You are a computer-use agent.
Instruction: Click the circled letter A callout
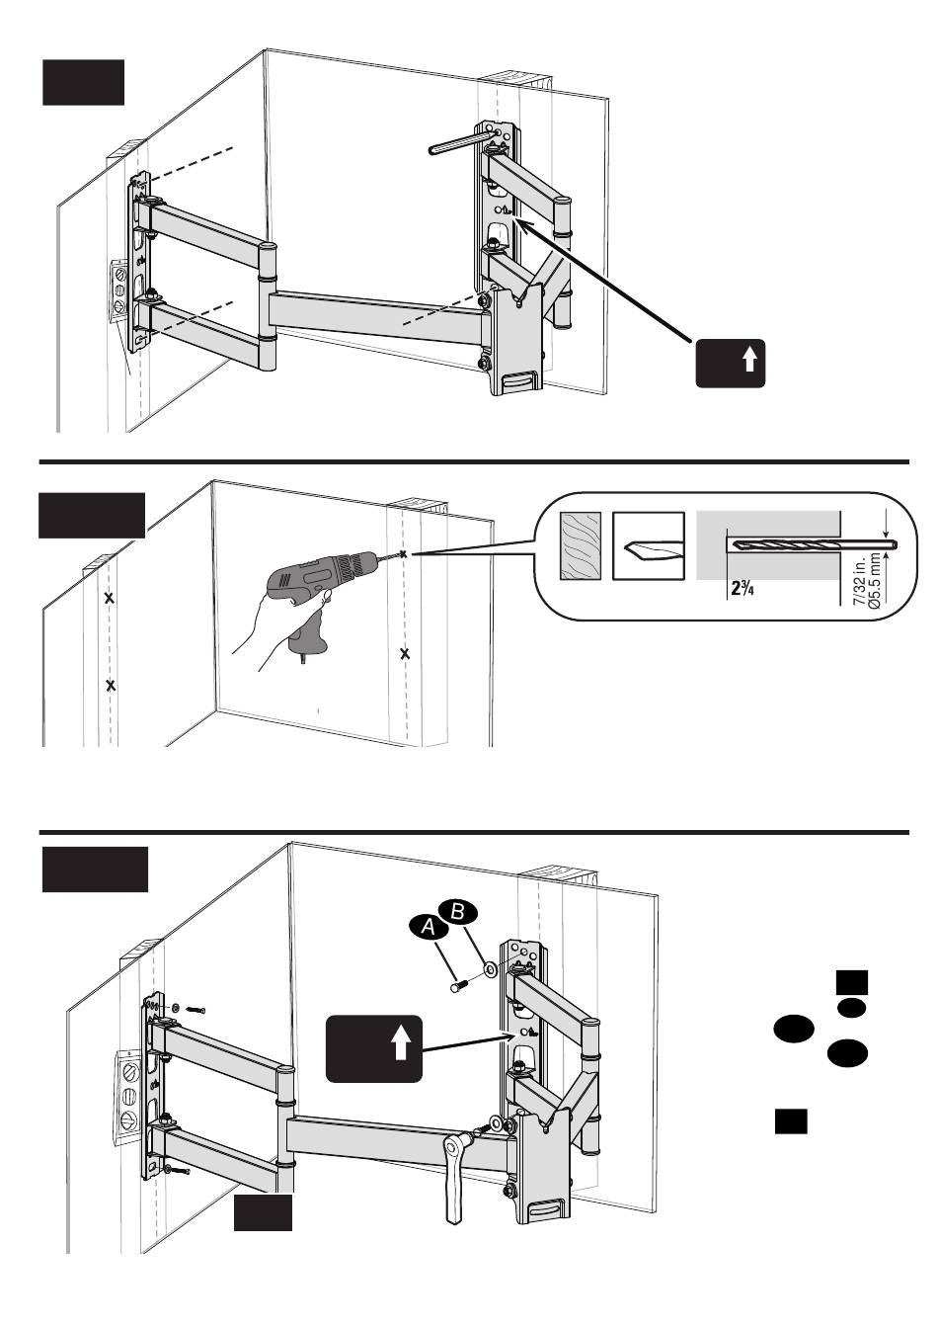[428, 926]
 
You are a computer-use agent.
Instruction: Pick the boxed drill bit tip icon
[649, 545]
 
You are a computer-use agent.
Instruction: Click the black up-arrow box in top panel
[731, 363]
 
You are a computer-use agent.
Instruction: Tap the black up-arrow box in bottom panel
[375, 1049]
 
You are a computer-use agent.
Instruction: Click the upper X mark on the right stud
[404, 555]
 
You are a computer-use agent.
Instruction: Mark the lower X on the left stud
[111, 685]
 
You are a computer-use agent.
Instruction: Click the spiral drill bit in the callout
[810, 544]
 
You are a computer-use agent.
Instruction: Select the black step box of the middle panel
[92, 515]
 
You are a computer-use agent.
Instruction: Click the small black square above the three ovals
[851, 981]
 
